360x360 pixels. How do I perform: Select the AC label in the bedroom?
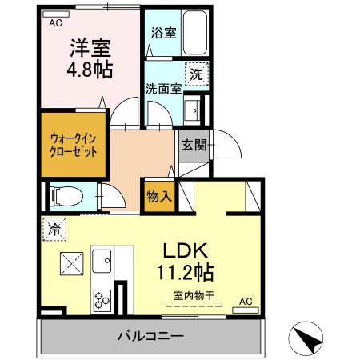coord(55,23)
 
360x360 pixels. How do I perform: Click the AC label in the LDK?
coord(246,302)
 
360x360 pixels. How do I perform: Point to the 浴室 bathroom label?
coord(163,34)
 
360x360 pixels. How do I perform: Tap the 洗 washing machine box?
coord(197,74)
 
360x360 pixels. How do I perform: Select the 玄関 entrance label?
coord(194,145)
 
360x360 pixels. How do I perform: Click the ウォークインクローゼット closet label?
coord(74,145)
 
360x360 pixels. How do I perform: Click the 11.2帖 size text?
coord(189,272)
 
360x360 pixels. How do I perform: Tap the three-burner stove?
coord(102,300)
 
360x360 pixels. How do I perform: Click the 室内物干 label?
coord(190,296)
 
